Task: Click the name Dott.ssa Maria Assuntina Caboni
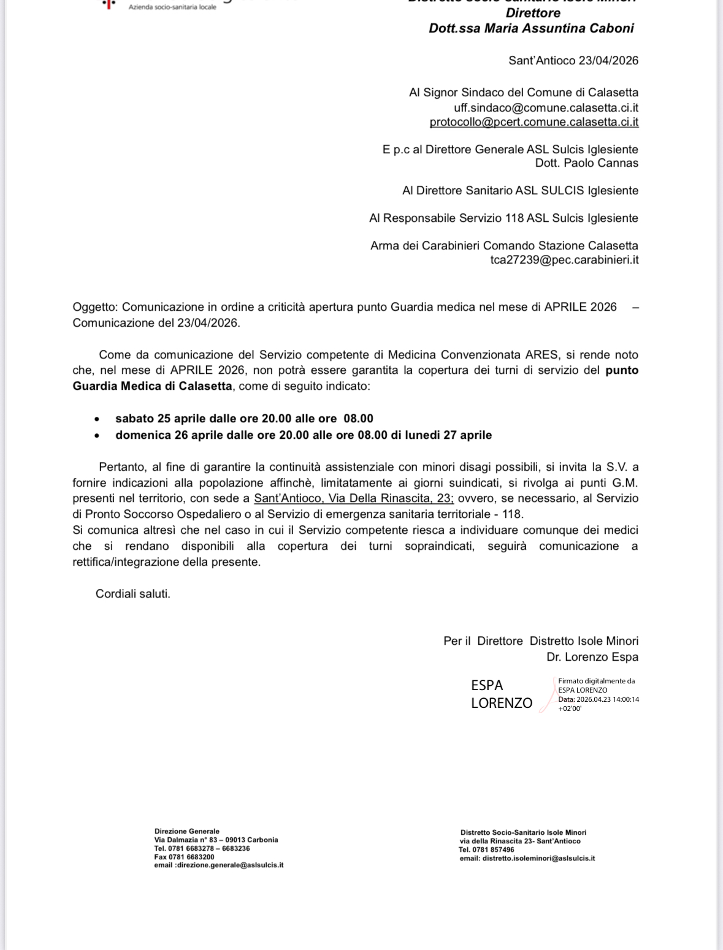[x=531, y=28]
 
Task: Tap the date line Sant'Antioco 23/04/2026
[x=573, y=61]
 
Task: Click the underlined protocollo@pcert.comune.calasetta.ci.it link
[x=534, y=122]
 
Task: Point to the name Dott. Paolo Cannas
[x=586, y=163]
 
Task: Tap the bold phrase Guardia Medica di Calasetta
[x=152, y=386]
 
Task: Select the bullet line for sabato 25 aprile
[x=244, y=419]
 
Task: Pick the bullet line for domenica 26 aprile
[x=303, y=435]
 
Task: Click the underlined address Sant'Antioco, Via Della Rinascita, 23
[x=353, y=498]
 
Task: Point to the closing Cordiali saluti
[x=132, y=593]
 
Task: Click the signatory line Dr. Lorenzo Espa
[x=592, y=657]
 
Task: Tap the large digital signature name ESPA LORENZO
[x=501, y=694]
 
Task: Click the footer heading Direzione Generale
[x=186, y=832]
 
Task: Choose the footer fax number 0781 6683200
[x=192, y=857]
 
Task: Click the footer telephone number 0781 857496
[x=493, y=849]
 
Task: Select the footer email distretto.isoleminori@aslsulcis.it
[x=538, y=858]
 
